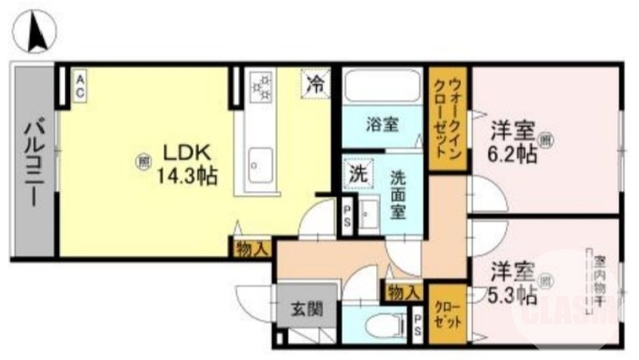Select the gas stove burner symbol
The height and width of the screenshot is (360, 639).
coord(260,86)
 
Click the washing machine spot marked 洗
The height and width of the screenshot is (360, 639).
coord(355,172)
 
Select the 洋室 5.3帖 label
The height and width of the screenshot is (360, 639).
coord(512,283)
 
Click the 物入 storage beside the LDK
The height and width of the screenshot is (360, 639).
coord(252,249)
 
